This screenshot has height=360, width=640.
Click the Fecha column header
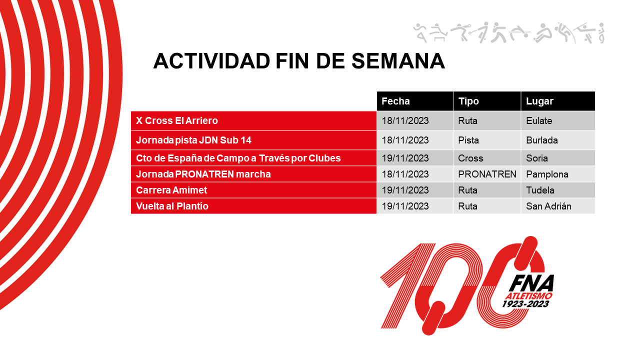click(395, 101)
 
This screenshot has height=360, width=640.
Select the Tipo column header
click(468, 101)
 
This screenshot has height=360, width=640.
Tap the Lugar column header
click(539, 101)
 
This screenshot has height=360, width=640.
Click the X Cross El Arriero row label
click(177, 121)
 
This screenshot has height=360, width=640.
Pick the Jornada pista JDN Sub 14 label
click(193, 140)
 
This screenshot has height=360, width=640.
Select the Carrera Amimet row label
click(171, 190)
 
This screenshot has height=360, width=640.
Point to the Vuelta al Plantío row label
click(172, 206)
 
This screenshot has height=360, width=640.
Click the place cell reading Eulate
click(539, 121)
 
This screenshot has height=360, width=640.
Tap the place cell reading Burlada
click(542, 140)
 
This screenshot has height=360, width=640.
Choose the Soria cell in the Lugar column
click(537, 158)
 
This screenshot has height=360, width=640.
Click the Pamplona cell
click(547, 174)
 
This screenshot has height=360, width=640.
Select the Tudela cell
click(540, 190)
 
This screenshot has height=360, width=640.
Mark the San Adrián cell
click(548, 206)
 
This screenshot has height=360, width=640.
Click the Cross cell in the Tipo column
click(470, 158)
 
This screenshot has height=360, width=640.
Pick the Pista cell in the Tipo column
click(468, 140)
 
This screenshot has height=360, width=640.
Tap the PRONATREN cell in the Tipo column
click(487, 174)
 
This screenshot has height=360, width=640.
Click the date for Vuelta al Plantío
click(405, 206)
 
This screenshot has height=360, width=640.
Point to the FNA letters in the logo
click(531, 283)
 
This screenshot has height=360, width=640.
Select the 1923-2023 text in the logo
click(527, 303)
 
